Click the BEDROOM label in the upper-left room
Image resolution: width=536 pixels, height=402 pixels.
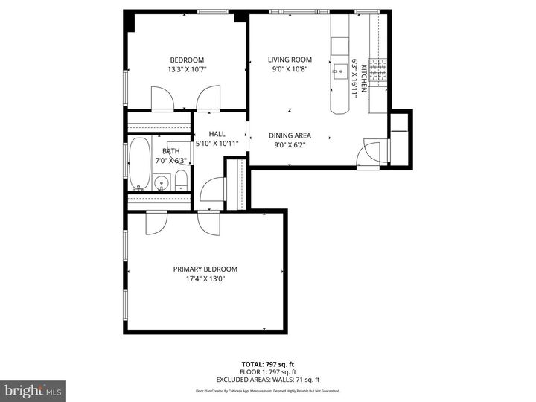pos(187,60)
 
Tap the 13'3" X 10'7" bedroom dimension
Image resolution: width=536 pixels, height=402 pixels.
pos(187,70)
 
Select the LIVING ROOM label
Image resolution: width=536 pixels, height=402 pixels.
pos(290,60)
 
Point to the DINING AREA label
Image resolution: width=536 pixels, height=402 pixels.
pos(290,135)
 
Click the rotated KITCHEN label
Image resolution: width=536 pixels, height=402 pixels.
pos(364,77)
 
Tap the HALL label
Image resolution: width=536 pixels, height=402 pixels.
pos(217,134)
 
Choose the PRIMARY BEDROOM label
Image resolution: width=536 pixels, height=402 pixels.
pos(205,269)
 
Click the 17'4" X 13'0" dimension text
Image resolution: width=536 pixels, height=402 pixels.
pos(205,280)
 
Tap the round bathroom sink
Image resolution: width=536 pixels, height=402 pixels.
pos(161,181)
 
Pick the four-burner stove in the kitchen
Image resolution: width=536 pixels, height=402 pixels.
pos(379,70)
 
